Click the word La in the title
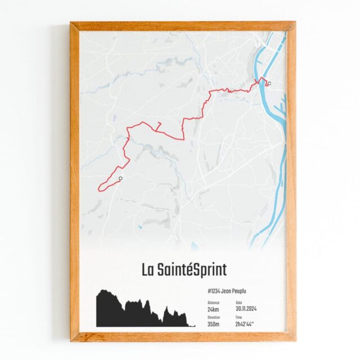click(148, 269)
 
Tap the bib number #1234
click(214, 291)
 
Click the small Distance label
click(213, 301)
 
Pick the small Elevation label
click(213, 317)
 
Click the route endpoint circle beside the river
click(269, 84)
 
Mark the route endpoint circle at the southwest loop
click(120, 178)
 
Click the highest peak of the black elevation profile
click(103, 291)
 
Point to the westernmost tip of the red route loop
click(98, 187)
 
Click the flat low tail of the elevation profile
click(191, 325)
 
